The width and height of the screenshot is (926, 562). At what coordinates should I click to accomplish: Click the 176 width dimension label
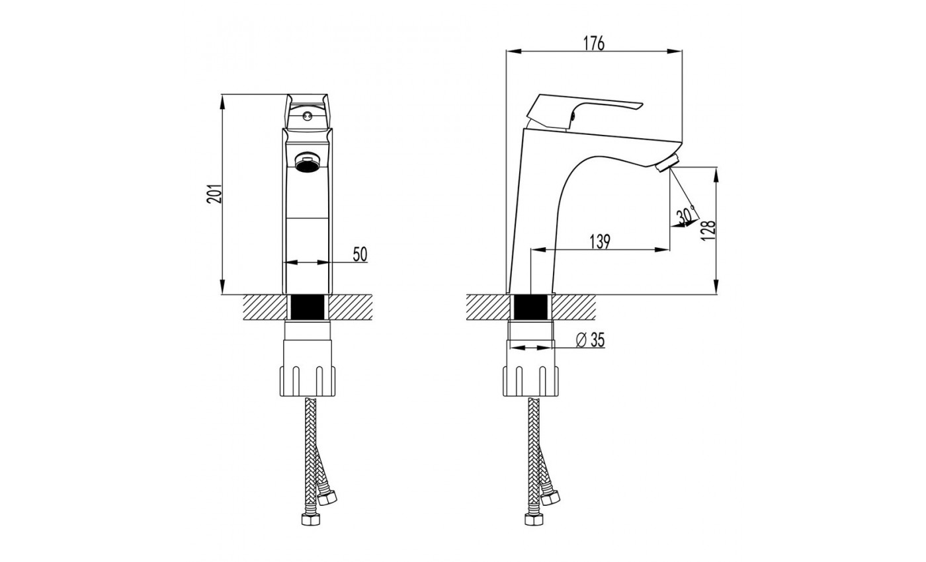(594, 44)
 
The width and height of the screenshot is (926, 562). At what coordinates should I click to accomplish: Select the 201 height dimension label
(214, 193)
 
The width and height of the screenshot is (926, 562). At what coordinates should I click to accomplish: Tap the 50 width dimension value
(360, 255)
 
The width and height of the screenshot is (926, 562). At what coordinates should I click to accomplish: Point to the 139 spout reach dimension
(600, 242)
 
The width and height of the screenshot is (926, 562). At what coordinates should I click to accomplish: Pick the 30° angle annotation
(687, 214)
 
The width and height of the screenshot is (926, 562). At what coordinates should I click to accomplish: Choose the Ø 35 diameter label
(590, 340)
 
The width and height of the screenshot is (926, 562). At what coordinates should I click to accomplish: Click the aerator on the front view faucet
(307, 162)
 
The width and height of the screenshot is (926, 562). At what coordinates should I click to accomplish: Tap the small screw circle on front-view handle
(306, 116)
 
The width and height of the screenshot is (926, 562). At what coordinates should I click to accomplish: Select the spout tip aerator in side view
(667, 163)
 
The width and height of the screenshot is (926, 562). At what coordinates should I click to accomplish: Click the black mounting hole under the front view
(308, 307)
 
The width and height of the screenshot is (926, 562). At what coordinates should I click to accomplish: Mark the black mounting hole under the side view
(530, 307)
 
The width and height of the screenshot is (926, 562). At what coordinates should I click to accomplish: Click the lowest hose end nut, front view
(310, 519)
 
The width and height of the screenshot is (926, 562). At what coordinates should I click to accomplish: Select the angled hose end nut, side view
(550, 497)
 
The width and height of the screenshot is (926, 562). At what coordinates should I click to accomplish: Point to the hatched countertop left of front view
(265, 307)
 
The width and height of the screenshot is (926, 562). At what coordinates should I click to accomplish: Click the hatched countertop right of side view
(573, 307)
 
